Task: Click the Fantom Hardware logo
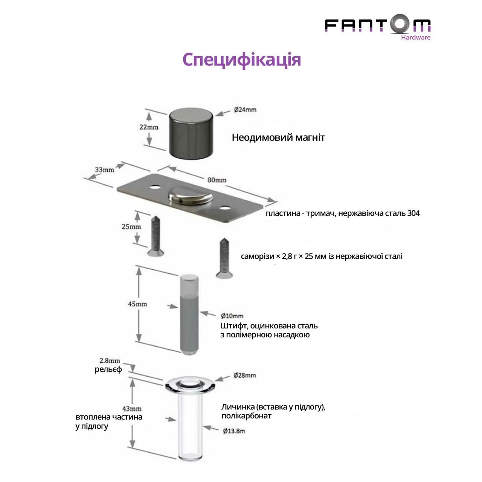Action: click(x=377, y=27)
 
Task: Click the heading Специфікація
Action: click(x=242, y=60)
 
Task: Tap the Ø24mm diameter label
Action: click(x=245, y=110)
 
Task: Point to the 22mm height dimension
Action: click(x=149, y=127)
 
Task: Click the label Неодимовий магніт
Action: click(x=278, y=137)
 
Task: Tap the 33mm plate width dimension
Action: click(x=104, y=169)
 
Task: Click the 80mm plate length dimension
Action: click(x=217, y=180)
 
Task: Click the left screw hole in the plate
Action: click(x=155, y=187)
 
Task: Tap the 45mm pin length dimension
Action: click(x=137, y=304)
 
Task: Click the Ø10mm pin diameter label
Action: click(x=232, y=316)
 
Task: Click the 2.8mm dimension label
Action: click(x=110, y=360)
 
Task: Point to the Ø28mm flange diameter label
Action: click(x=245, y=375)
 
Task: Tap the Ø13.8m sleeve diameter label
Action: click(x=234, y=431)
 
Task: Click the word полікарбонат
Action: click(x=246, y=416)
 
